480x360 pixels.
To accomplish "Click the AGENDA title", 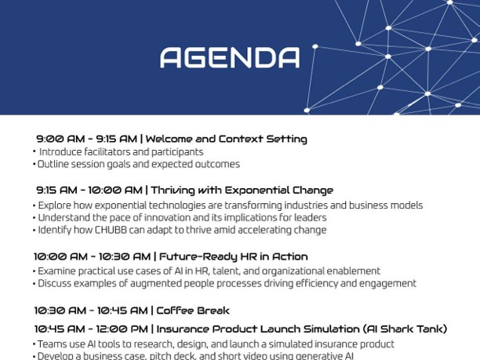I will tap(229, 57).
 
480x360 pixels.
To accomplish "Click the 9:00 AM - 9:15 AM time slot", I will tap(86, 139).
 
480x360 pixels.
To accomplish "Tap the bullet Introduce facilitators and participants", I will tap(121, 152).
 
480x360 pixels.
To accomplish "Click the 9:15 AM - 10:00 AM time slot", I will tap(89, 190).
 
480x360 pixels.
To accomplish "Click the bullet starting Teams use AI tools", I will tap(216, 344).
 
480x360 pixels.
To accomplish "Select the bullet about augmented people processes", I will tap(227, 283).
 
